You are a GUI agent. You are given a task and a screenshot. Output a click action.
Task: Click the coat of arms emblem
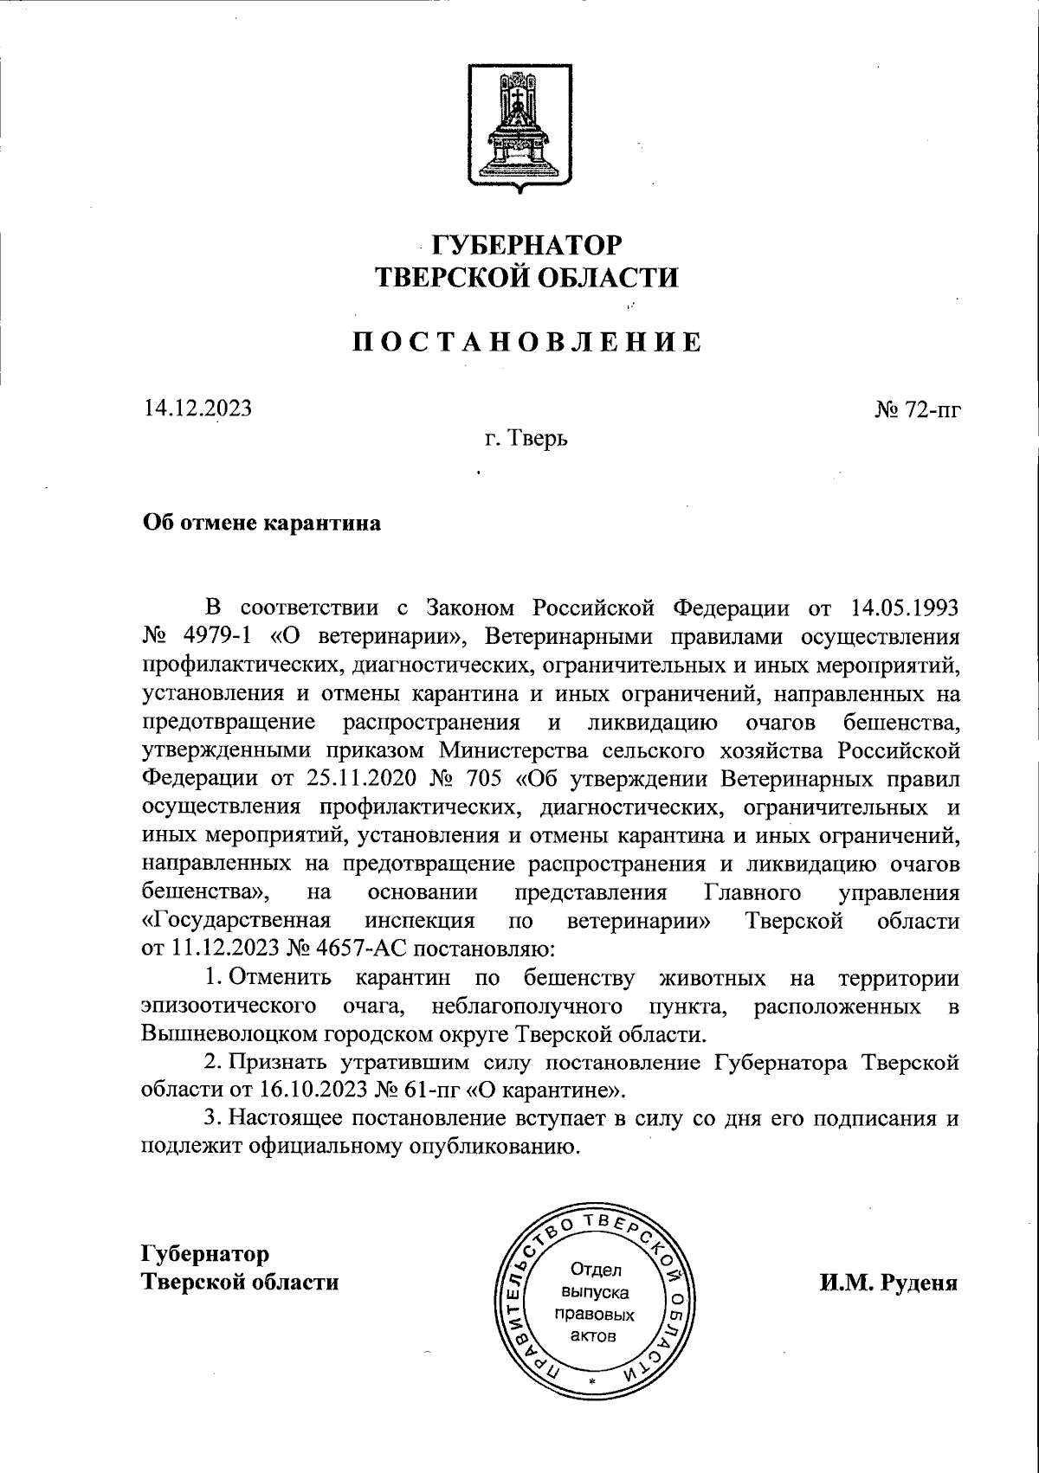(x=519, y=125)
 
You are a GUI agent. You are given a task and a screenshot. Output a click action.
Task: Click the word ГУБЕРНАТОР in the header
(x=526, y=245)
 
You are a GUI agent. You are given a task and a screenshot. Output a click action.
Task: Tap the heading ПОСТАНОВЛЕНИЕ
(x=526, y=343)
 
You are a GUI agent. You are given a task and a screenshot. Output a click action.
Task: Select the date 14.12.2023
(x=197, y=407)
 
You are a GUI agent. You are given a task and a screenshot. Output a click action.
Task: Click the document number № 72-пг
(x=917, y=408)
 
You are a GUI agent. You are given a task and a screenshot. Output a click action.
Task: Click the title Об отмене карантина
(x=261, y=524)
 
